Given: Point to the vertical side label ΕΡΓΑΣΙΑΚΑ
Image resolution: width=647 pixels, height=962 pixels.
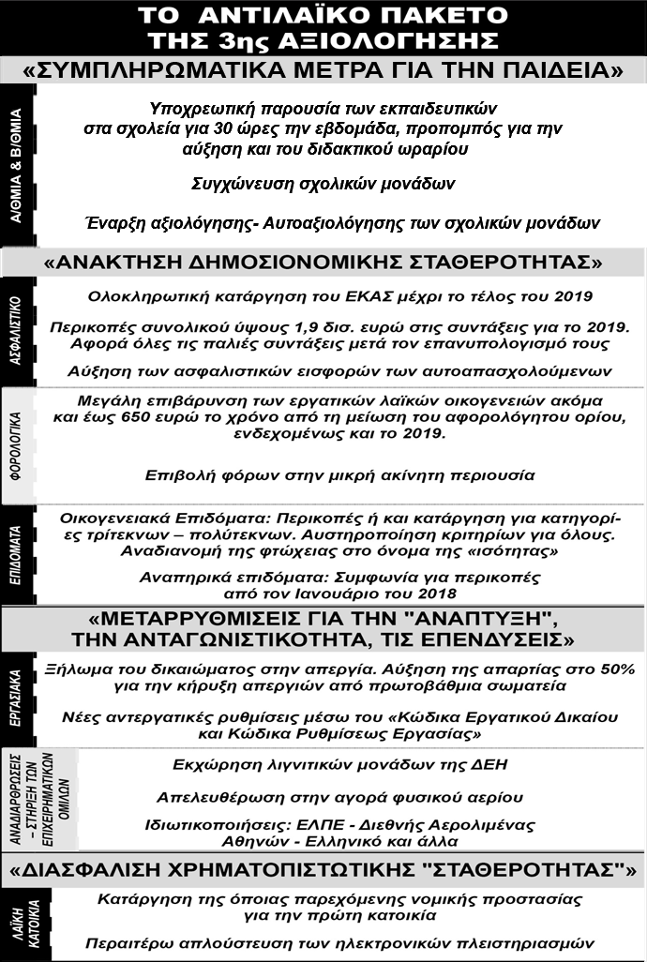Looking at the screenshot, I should click(x=18, y=697).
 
